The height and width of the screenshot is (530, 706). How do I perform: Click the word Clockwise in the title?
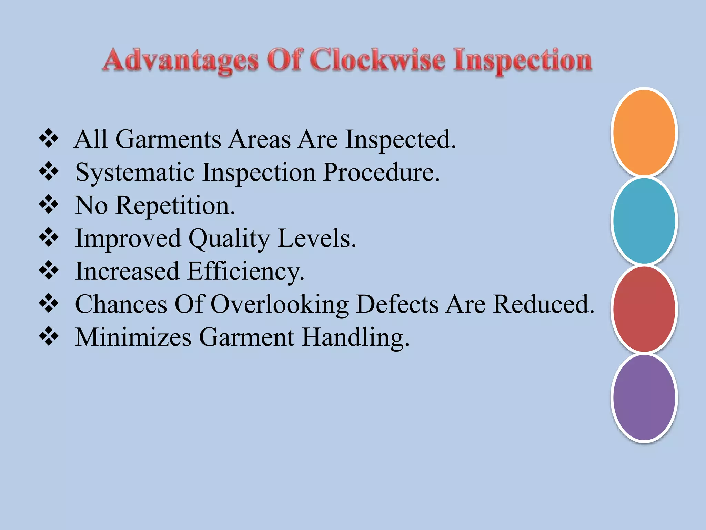[x=377, y=60]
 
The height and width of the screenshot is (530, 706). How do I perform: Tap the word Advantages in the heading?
[x=181, y=61]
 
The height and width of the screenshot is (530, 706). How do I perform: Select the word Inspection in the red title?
[x=523, y=61]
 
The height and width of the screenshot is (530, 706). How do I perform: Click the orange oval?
[x=644, y=132]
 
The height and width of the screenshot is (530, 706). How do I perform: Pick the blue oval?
[x=644, y=221]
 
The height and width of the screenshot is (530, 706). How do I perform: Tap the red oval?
[x=644, y=309]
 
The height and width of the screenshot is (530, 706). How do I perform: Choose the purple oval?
[x=644, y=397]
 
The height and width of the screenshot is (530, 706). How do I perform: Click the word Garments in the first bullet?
[x=168, y=140]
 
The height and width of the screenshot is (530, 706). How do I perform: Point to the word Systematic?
[x=135, y=173]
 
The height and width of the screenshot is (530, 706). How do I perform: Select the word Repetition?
[x=175, y=206]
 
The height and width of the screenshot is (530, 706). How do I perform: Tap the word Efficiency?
[x=245, y=272]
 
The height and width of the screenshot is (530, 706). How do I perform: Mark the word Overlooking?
[x=279, y=305]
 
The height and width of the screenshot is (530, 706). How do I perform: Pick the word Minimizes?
[x=133, y=337]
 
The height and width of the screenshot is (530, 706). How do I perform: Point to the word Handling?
[x=356, y=337]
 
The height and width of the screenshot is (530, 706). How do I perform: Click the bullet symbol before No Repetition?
[x=49, y=204]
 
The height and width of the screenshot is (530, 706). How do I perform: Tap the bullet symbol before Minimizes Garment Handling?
[x=49, y=336]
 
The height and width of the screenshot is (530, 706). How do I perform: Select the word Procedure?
[x=381, y=173]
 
